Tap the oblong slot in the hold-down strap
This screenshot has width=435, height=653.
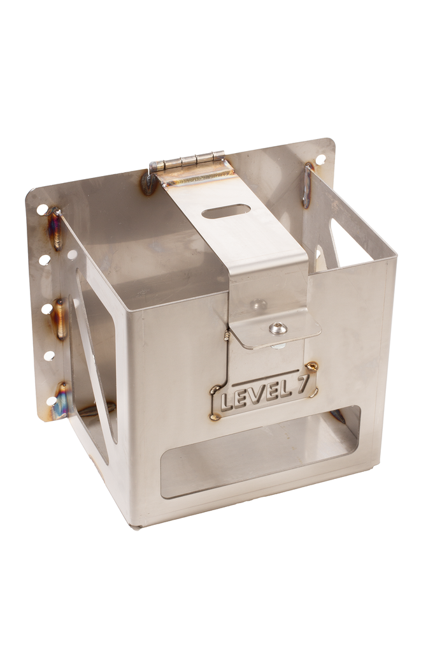(x=226, y=211)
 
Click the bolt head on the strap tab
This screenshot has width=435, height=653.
(x=278, y=328)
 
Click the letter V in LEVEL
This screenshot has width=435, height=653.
(x=256, y=395)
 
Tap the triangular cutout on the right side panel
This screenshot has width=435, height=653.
(x=347, y=246)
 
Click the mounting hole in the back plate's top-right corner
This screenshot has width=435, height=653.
(x=320, y=159)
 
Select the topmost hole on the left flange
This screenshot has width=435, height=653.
(x=42, y=209)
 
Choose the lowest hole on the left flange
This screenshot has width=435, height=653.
(x=52, y=401)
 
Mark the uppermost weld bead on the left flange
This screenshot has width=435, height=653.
(x=56, y=229)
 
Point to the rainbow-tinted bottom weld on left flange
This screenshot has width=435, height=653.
(x=62, y=402)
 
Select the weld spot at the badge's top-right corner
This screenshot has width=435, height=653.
(x=311, y=366)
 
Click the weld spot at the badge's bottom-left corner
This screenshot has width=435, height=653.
(x=215, y=418)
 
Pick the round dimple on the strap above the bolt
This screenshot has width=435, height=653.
(x=258, y=304)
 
